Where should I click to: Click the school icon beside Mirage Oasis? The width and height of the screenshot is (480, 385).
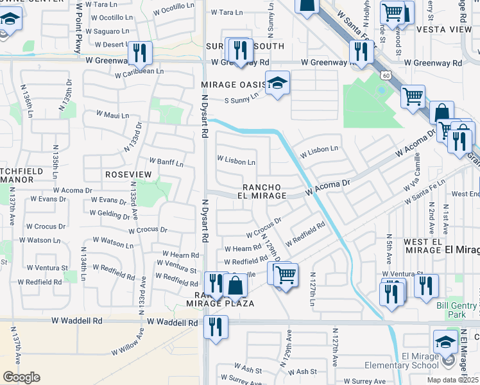click(277, 83)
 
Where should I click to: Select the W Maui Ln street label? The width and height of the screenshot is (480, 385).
click(113, 115)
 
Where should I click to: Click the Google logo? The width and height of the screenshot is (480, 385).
click(21, 377)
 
